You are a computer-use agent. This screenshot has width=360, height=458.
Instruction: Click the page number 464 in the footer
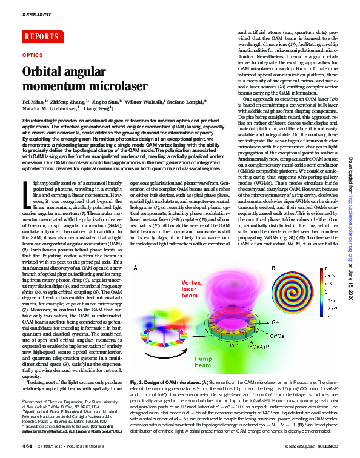point(28,445)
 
